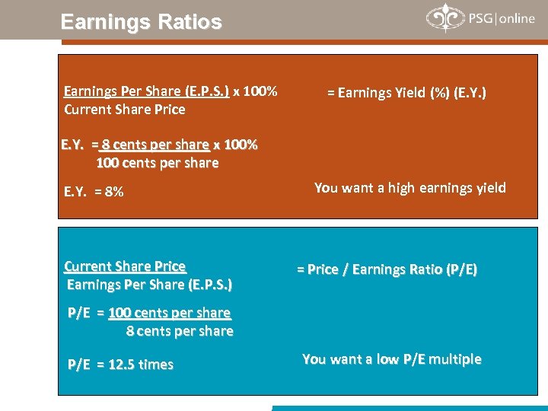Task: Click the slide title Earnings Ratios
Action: [x=141, y=21]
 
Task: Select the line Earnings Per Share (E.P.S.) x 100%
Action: [x=170, y=91]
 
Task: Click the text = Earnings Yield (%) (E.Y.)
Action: [x=406, y=93]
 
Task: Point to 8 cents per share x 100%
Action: [x=180, y=145]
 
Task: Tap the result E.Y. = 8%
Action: [x=94, y=192]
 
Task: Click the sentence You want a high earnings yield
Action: [x=409, y=188]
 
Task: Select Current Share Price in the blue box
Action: [x=125, y=266]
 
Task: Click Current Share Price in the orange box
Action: [x=125, y=110]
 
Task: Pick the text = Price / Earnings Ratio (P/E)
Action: [x=387, y=269]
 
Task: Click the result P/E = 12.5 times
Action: [x=121, y=365]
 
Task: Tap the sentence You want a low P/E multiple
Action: [x=392, y=359]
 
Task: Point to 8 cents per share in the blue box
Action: [x=180, y=331]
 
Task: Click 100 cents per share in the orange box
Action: [x=158, y=163]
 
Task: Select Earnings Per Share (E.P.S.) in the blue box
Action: [x=150, y=285]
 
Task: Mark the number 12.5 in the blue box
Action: [x=123, y=365]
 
